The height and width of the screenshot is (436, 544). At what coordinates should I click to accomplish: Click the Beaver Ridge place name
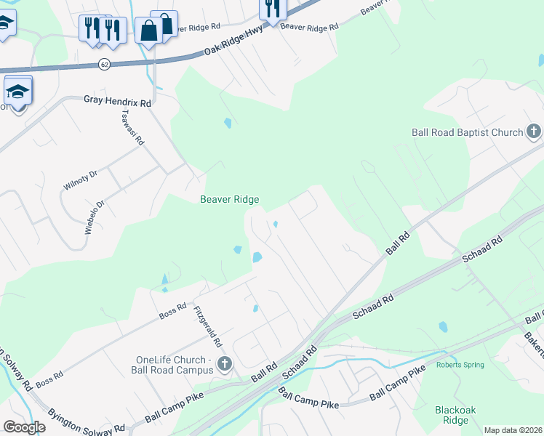230,199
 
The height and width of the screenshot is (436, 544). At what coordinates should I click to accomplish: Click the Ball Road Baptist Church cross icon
534,132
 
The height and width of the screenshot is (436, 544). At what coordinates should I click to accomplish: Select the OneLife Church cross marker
224,363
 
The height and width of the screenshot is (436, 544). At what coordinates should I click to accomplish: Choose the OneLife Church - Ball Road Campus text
175,365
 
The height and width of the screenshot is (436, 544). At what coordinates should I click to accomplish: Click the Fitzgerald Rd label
208,326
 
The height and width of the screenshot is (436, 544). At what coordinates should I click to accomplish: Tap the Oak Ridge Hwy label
233,49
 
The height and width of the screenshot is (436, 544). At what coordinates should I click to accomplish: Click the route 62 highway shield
105,65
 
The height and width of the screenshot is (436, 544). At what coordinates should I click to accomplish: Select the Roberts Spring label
460,365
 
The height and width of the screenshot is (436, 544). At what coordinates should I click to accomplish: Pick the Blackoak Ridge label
455,415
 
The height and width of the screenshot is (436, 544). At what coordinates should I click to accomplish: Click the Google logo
24,427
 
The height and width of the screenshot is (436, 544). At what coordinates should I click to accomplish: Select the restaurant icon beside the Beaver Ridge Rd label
273,9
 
